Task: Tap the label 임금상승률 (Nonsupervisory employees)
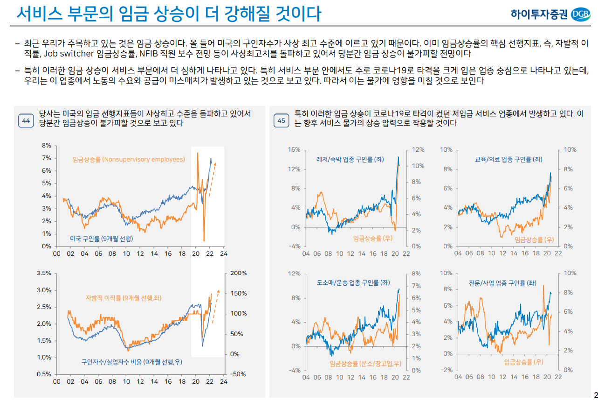click(x=129, y=160)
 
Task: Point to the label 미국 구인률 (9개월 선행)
click(x=101, y=239)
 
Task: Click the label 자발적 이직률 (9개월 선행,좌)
click(x=121, y=298)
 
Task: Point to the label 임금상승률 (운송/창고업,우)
click(x=365, y=364)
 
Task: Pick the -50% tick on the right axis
click(x=238, y=374)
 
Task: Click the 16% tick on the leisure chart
click(x=294, y=150)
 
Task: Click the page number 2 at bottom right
click(x=595, y=394)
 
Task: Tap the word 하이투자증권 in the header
click(x=539, y=14)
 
